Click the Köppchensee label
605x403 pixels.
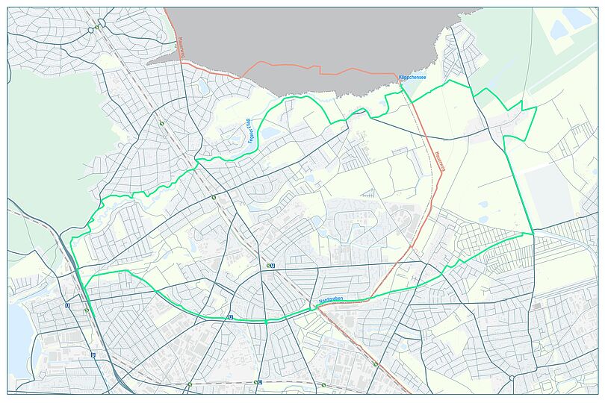[412, 77]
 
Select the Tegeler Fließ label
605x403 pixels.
[251, 131]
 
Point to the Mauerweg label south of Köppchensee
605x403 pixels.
[438, 163]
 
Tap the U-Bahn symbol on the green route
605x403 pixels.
[230, 316]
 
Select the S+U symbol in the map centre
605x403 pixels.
[270, 265]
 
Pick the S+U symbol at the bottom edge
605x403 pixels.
[258, 382]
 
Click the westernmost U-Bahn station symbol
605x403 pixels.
[68, 305]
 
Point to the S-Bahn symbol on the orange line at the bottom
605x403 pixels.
[375, 364]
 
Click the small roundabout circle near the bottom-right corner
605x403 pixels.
[512, 378]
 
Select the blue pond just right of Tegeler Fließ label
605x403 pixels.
[269, 134]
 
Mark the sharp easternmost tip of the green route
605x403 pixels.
[536, 108]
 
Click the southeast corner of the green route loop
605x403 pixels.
[533, 234]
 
